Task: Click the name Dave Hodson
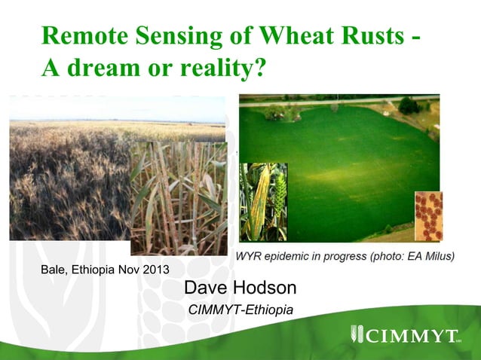coord(240,288)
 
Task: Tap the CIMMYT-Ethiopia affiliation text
coord(240,310)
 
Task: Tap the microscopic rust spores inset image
coord(428,216)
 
